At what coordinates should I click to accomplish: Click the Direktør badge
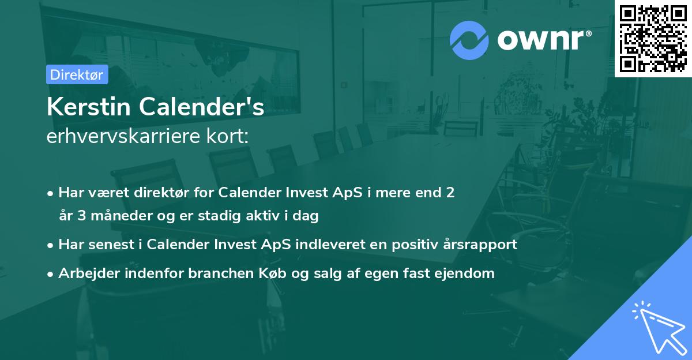point(77,74)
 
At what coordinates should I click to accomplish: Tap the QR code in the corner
point(653,38)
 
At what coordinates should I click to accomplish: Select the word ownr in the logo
point(542,40)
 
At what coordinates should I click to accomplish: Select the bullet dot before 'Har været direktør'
point(51,193)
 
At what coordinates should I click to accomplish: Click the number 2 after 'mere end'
point(450,192)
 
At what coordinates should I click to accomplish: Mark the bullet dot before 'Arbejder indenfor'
point(51,274)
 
